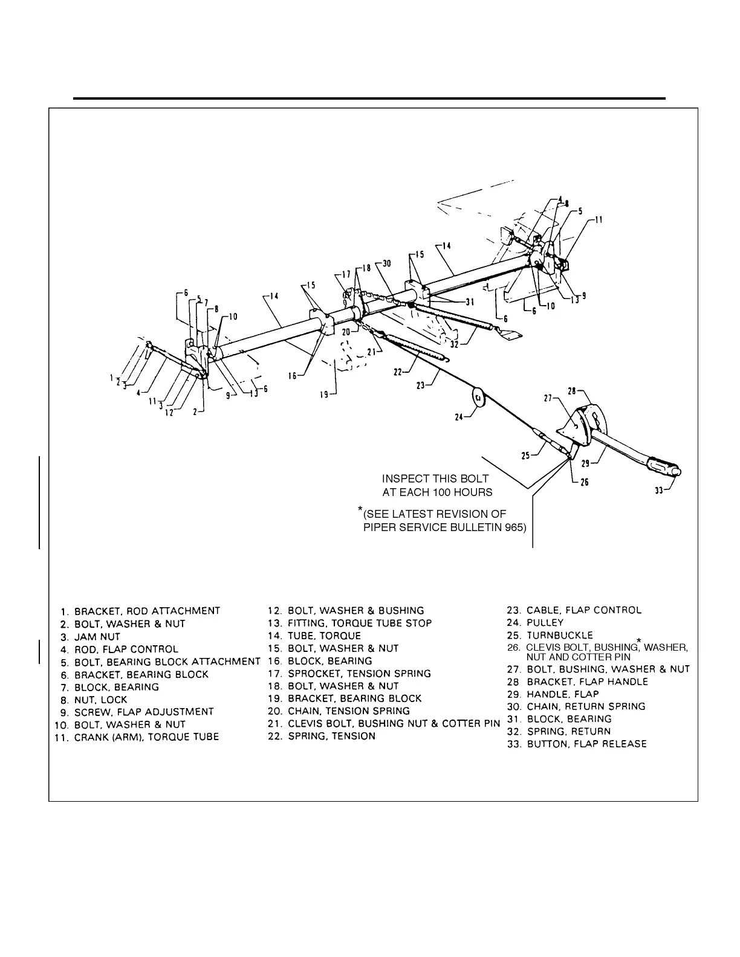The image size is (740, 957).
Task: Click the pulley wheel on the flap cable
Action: tap(479, 398)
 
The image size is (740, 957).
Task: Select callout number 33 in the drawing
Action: tap(660, 491)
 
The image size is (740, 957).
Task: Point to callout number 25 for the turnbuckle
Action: tap(527, 456)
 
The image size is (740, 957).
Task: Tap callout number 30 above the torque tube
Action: tap(387, 263)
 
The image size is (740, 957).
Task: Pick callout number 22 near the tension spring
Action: tap(398, 373)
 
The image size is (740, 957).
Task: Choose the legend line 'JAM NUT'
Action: tap(97, 636)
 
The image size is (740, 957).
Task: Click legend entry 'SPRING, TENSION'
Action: tap(331, 736)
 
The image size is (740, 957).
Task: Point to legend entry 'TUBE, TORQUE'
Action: tap(323, 636)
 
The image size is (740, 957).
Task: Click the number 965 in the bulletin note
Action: tap(514, 527)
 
